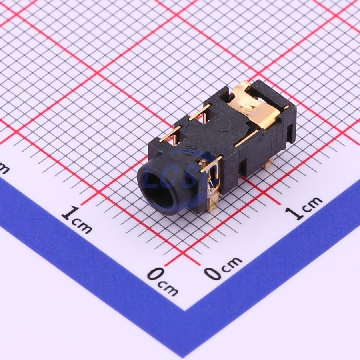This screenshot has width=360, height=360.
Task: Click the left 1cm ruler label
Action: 77,220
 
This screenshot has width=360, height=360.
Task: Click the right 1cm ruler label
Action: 304,208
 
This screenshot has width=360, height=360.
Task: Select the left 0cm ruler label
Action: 162,282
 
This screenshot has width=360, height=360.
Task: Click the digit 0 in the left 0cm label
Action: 154,274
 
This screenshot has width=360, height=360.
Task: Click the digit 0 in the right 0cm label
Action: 212,274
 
